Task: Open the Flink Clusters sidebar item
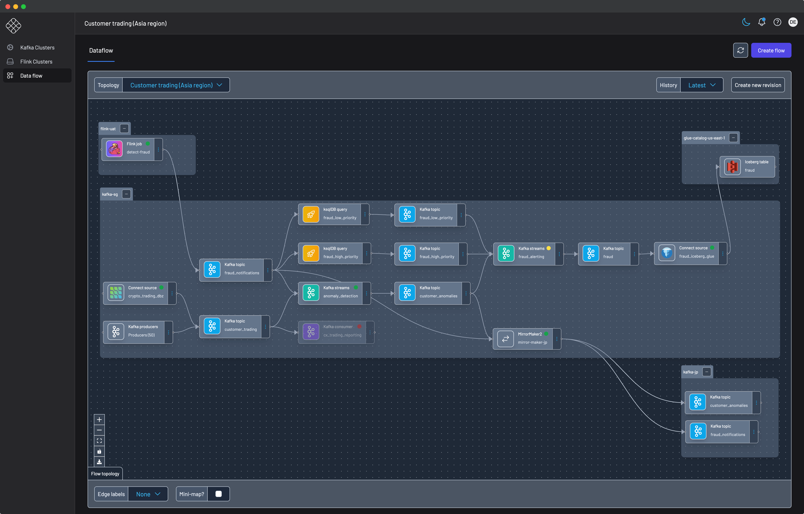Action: pyautogui.click(x=36, y=62)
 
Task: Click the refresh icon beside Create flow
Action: pyautogui.click(x=740, y=50)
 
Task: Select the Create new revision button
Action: pyautogui.click(x=758, y=85)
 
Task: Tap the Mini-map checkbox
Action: pyautogui.click(x=218, y=494)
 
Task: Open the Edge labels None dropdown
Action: pyautogui.click(x=148, y=494)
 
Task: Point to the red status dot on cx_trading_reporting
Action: pyautogui.click(x=359, y=327)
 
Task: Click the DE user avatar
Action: pyautogui.click(x=793, y=22)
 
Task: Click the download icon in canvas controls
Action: pyautogui.click(x=99, y=462)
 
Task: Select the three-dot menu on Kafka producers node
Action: pyautogui.click(x=169, y=332)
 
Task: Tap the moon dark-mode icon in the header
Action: pyautogui.click(x=746, y=22)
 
